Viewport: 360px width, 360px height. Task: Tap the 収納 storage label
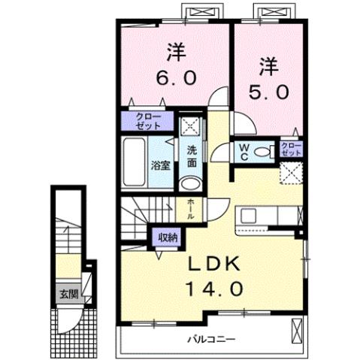pos(168,237)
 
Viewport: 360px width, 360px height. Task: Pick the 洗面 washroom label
pos(192,155)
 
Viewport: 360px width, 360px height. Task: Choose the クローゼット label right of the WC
pos(291,148)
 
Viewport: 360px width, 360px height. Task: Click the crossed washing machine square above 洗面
pos(192,126)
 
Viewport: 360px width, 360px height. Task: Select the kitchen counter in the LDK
pos(268,216)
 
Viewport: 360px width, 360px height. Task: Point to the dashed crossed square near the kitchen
pos(290,173)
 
